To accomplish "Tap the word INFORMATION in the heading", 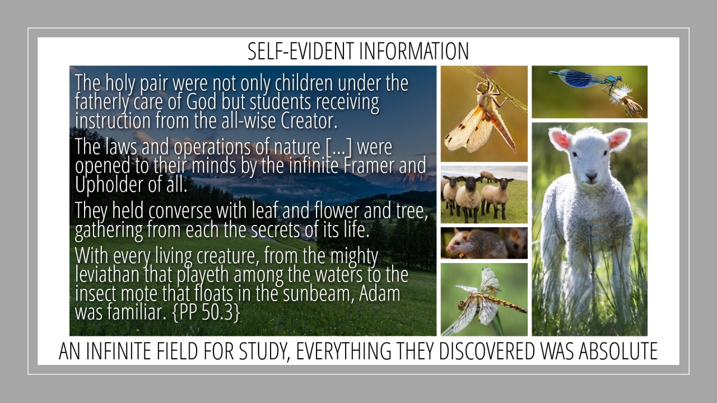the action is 414,51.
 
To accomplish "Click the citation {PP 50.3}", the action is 206,312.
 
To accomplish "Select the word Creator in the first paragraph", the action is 309,120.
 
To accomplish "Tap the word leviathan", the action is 107,274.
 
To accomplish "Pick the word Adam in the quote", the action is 380,293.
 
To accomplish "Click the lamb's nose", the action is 591,176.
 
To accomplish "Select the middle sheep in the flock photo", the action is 468,198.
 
